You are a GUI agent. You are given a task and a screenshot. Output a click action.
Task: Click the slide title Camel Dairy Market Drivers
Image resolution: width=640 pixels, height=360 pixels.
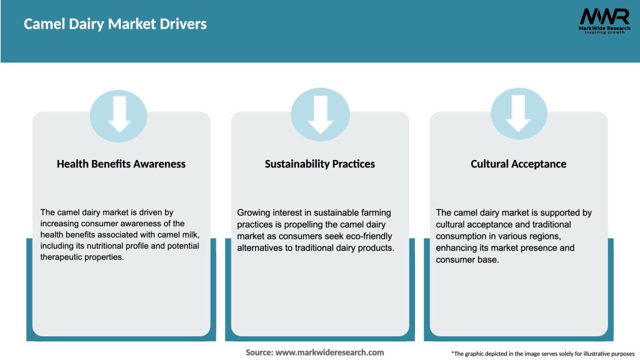(115, 24)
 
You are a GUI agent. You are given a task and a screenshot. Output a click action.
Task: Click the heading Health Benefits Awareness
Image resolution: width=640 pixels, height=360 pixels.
(121, 164)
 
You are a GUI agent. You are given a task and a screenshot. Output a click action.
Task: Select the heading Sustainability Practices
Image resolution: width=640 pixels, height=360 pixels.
(319, 164)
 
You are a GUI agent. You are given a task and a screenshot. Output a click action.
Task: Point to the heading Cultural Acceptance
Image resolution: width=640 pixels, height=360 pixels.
(518, 164)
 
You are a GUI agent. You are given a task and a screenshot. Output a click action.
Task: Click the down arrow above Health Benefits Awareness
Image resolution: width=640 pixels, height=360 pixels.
(119, 114)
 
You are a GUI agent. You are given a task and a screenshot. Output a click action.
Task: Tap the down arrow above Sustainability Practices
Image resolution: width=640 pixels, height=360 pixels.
(321, 115)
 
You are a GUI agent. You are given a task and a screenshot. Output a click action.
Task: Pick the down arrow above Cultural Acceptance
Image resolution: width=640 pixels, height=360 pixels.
(518, 114)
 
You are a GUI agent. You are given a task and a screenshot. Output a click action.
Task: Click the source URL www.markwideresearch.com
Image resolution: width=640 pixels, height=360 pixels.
(330, 352)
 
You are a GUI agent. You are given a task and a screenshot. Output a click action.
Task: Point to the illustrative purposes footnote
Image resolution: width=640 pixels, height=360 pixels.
(543, 354)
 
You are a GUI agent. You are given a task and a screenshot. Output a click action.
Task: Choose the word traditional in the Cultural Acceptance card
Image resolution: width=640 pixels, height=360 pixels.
(549, 224)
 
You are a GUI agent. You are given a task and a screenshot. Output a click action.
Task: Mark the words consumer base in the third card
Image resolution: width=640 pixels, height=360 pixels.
(467, 259)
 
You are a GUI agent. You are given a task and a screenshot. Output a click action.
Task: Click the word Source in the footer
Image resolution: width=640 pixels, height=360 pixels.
(259, 352)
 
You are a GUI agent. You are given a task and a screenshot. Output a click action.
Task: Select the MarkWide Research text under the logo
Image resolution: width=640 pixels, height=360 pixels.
(604, 28)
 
